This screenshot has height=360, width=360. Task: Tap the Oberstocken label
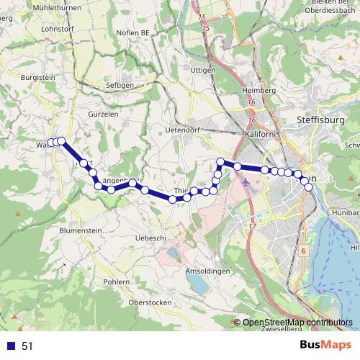tap(149, 302)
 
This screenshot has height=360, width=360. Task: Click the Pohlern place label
tap(116, 282)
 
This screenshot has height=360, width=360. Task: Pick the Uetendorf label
tap(181, 130)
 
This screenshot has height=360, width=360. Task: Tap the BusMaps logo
tap(327, 346)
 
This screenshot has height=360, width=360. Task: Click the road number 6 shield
tap(304, 251)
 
